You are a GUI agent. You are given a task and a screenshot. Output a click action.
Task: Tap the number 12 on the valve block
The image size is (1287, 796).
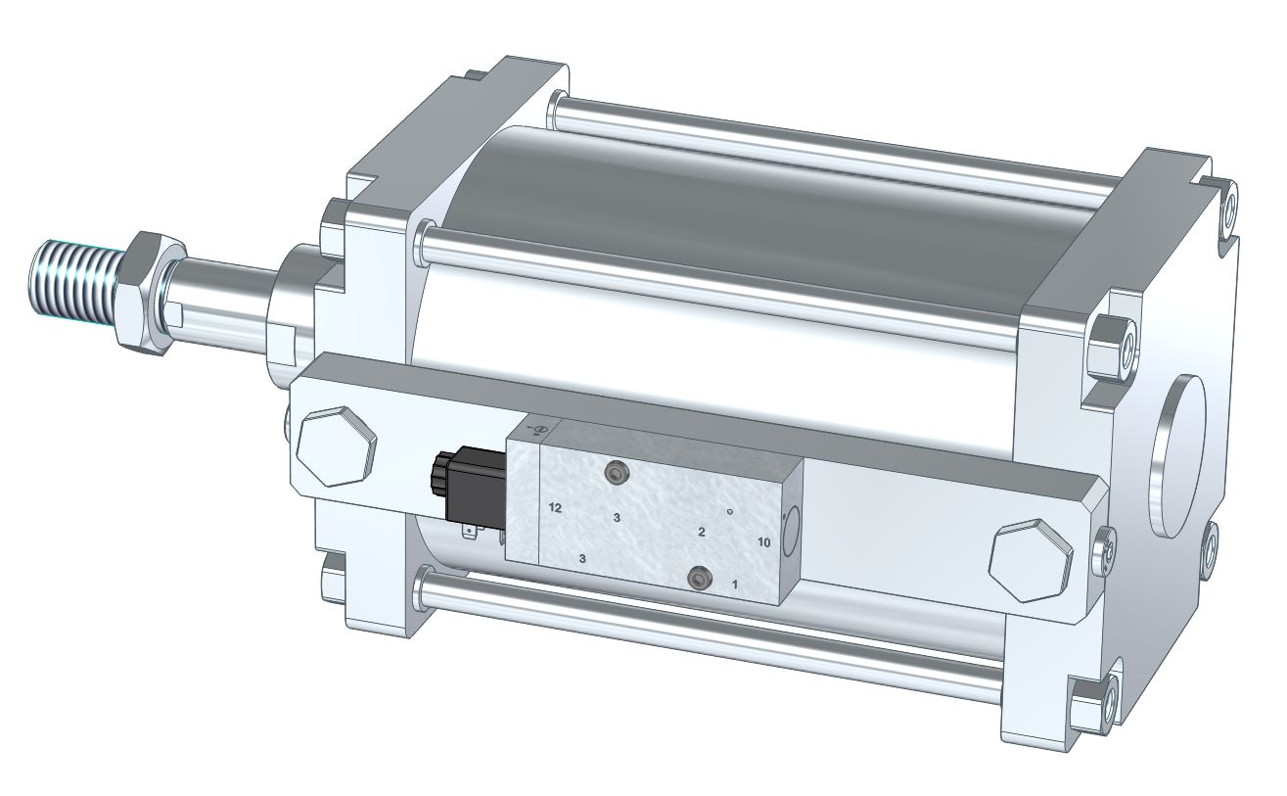click(x=555, y=508)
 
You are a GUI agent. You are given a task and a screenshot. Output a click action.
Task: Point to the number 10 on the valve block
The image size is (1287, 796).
click(x=764, y=542)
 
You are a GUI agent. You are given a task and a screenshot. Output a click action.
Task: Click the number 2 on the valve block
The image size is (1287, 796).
click(x=701, y=532)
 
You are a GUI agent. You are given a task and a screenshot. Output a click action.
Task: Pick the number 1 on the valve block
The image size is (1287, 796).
click(x=734, y=585)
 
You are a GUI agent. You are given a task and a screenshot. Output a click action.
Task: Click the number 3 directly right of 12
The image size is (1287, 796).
click(x=617, y=518)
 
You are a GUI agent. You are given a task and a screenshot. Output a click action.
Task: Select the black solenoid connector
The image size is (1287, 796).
click(x=469, y=484)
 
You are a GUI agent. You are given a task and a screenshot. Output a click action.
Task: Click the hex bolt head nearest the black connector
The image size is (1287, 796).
click(x=337, y=446)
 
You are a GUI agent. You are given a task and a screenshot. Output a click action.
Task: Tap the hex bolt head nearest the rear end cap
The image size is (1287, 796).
click(x=1031, y=560)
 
